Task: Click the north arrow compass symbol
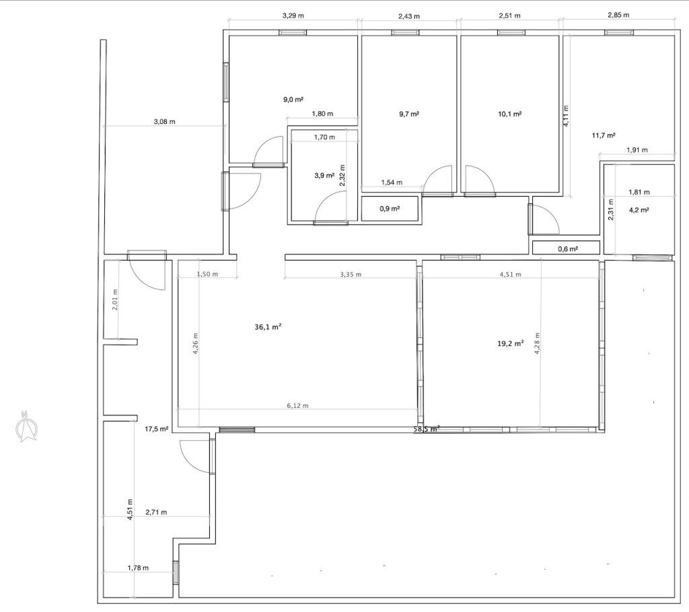[26, 426]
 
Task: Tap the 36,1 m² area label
[268, 327]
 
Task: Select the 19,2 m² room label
[510, 344]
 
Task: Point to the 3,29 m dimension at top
[293, 16]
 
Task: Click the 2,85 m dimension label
[618, 15]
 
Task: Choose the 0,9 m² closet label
[390, 209]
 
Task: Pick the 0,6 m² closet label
[568, 249]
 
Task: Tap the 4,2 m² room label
[639, 210]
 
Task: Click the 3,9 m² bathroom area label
[324, 176]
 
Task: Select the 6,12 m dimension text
[297, 405]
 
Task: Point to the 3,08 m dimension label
[164, 122]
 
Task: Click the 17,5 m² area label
[157, 429]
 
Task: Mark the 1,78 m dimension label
[138, 568]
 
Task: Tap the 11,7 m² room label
[604, 135]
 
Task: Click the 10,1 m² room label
[510, 114]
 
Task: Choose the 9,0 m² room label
[294, 100]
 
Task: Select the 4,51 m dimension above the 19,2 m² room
[510, 274]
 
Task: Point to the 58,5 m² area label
[426, 429]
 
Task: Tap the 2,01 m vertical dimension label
[115, 300]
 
